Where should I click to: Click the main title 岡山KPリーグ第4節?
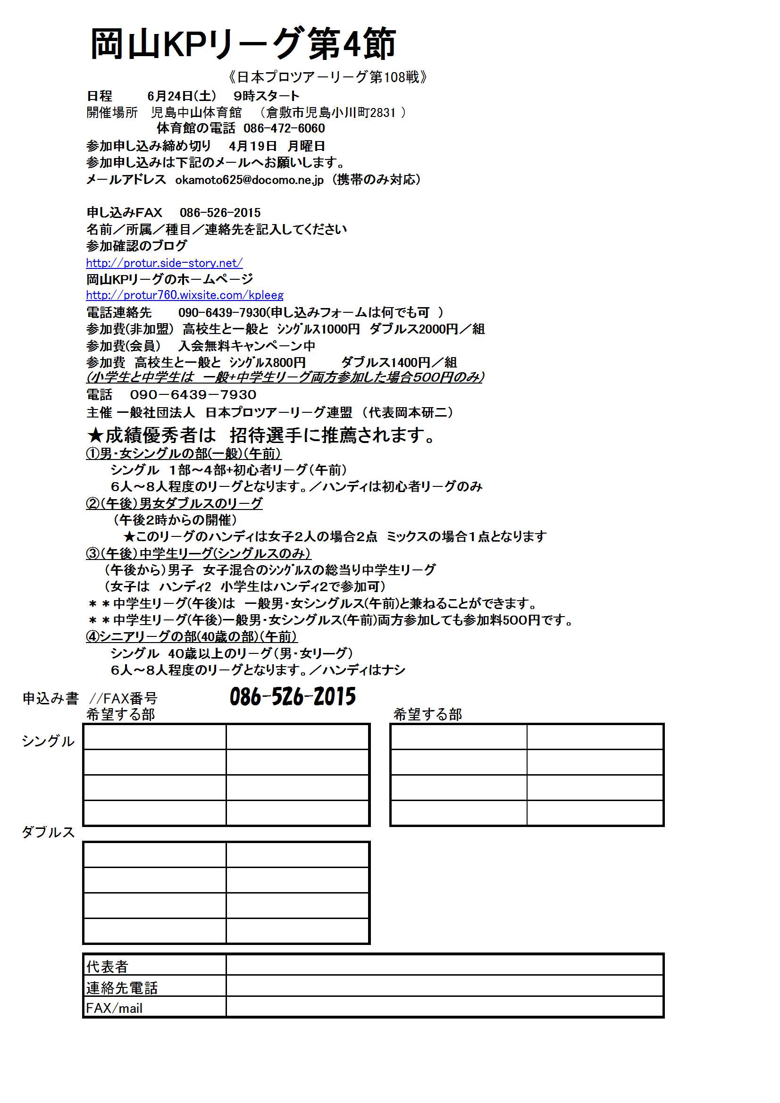[243, 44]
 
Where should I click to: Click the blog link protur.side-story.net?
[164, 263]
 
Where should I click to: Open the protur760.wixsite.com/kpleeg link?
[185, 295]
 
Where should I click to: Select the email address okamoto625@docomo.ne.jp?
[249, 180]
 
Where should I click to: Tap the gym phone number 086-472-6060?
[284, 128]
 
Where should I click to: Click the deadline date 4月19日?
[253, 146]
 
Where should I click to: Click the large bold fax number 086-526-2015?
[292, 697]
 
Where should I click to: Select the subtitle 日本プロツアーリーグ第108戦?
[328, 77]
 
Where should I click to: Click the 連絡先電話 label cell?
[122, 987]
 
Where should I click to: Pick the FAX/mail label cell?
[114, 1008]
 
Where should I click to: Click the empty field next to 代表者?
[444, 965]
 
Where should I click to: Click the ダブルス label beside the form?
[48, 832]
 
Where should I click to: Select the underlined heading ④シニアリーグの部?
[191, 636]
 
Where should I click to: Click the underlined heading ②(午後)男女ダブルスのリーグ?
[174, 503]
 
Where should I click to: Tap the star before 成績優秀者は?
[95, 436]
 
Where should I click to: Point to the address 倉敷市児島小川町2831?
[331, 113]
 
